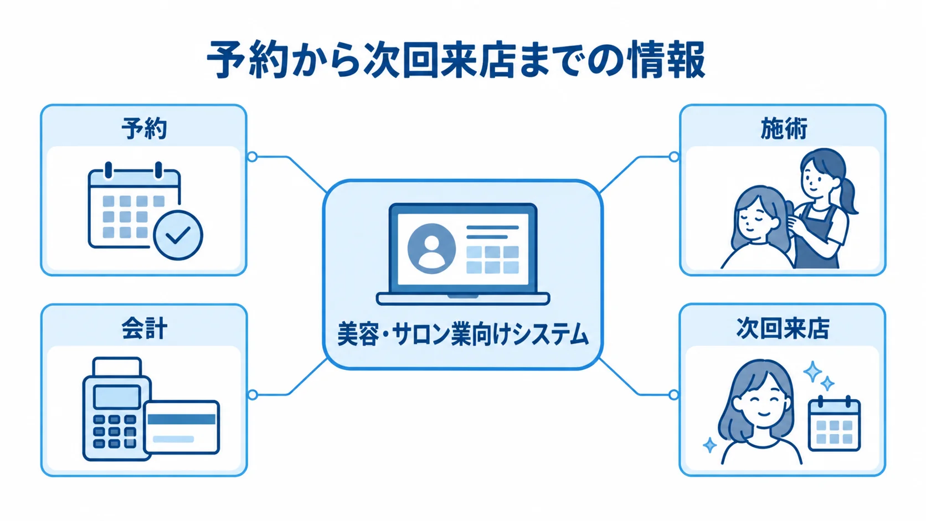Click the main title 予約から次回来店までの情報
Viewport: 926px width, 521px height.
(456, 59)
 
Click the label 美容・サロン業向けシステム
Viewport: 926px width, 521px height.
(462, 334)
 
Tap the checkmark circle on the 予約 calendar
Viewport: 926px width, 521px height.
(178, 235)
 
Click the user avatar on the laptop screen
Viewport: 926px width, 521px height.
(431, 249)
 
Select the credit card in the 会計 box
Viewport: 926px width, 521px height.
(182, 427)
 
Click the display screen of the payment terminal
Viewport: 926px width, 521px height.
(117, 397)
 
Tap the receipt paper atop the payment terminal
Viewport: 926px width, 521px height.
(117, 367)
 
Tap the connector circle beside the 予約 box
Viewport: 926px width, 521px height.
(252, 157)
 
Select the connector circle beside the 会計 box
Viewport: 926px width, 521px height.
(253, 395)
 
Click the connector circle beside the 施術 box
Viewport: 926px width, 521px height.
(674, 157)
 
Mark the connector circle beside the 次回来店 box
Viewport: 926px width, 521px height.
(674, 395)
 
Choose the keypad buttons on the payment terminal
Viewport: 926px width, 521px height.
(115, 431)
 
